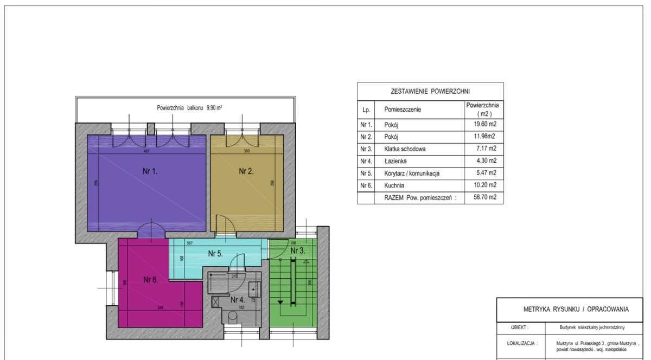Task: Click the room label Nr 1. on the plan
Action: [150, 171]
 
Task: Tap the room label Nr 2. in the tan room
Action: [247, 171]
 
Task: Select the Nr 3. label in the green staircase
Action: [297, 251]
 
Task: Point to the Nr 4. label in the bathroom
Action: [238, 299]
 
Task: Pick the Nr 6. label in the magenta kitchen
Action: [150, 280]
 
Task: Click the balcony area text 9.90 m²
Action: [214, 108]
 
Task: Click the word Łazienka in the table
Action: [395, 161]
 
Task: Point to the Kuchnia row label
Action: [394, 185]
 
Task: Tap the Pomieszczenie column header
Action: [403, 110]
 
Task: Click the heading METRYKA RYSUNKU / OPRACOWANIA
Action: [576, 310]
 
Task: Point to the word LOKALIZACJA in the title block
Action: [519, 343]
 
